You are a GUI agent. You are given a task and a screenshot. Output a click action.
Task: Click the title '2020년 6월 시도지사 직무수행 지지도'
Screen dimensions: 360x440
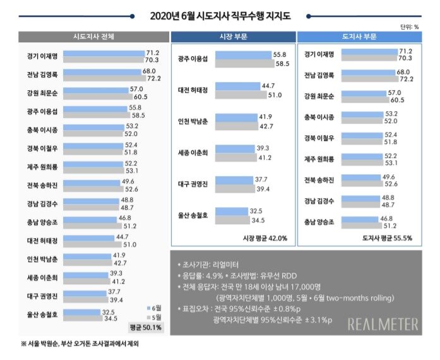[220, 15]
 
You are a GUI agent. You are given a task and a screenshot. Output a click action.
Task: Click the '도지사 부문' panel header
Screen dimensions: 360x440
[359, 36]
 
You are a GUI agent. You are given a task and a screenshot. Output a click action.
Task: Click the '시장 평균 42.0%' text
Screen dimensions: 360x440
[265, 238]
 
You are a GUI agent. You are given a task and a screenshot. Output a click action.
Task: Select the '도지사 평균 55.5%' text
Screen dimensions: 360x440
[388, 238]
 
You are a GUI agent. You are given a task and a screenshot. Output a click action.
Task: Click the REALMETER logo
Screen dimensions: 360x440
[383, 324]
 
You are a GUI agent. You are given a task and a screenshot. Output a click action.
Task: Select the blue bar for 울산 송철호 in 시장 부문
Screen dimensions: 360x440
[237, 211]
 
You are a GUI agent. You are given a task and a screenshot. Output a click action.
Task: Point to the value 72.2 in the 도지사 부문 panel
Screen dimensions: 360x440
[403, 80]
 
